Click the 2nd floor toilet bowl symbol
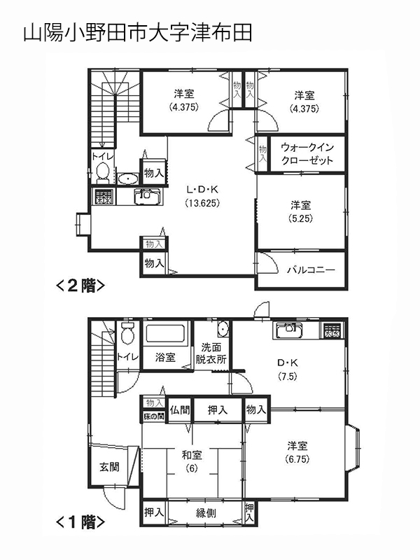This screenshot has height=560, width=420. [102, 173]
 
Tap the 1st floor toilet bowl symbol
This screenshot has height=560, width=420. [127, 333]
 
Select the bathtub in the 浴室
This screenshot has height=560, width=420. [165, 334]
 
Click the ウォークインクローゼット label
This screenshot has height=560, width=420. [307, 154]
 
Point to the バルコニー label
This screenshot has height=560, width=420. [311, 270]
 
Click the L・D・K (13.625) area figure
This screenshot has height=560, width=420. [202, 203]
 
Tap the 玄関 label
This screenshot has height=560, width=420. [109, 467]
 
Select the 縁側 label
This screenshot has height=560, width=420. [206, 513]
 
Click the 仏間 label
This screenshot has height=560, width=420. [180, 409]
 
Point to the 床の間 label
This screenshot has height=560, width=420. [154, 416]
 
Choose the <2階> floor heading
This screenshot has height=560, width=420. [80, 286]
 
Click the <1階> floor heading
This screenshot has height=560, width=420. [80, 522]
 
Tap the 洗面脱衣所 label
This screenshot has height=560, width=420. [211, 353]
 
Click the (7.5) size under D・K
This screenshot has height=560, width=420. [288, 377]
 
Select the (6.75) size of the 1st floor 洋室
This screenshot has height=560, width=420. [297, 459]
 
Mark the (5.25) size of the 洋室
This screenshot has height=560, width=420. [300, 218]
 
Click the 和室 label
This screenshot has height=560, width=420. [192, 455]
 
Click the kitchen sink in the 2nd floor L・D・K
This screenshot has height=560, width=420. [148, 197]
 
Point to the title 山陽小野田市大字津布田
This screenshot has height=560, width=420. [138, 33]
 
